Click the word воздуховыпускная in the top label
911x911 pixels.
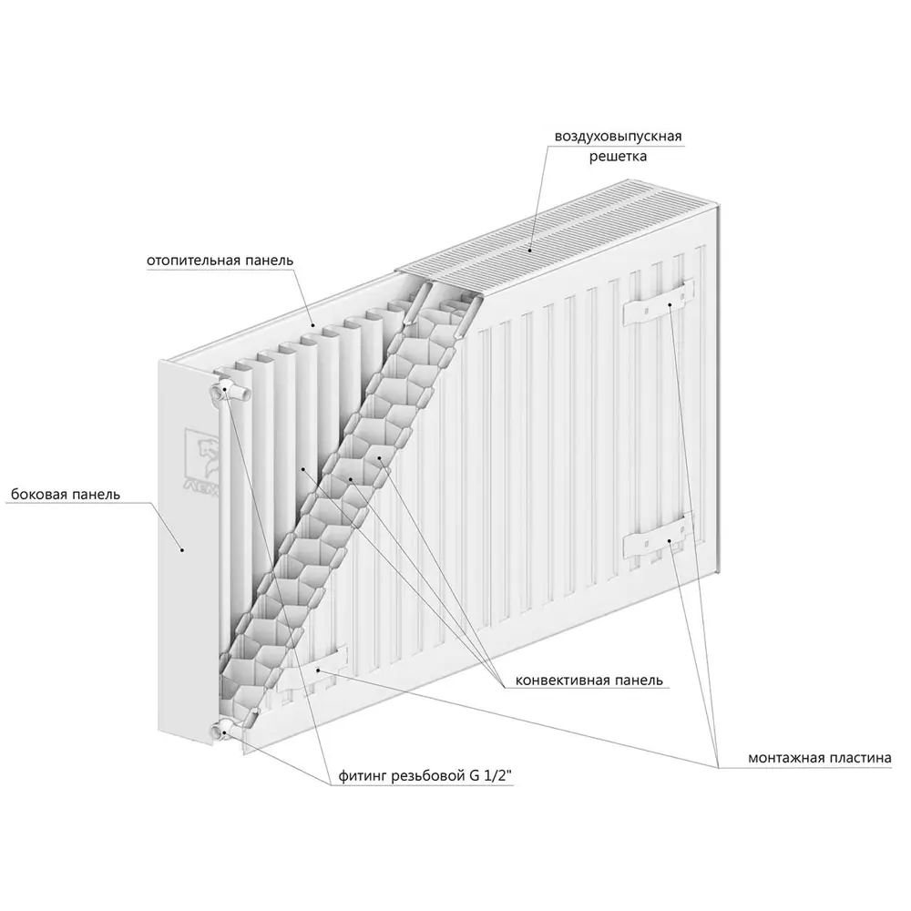[x=619, y=138]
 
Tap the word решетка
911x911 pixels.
[x=619, y=157]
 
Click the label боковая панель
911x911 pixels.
[x=66, y=495]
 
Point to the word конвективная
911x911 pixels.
[x=561, y=680]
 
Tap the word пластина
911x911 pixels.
[x=857, y=758]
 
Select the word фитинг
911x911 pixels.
[x=363, y=776]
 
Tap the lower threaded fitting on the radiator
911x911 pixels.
[x=227, y=730]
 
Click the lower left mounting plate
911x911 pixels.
[x=313, y=668]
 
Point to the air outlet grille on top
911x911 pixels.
[x=558, y=237]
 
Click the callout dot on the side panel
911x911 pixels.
[x=182, y=549]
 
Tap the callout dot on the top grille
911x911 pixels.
[x=530, y=251]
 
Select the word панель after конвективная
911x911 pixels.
[x=638, y=680]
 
